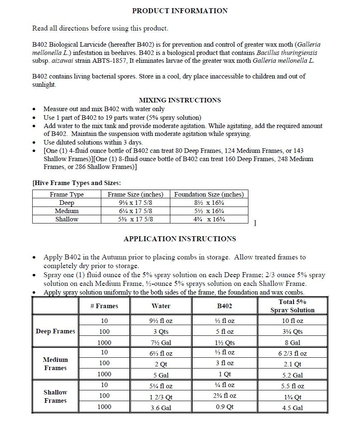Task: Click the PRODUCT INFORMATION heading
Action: (x=180, y=11)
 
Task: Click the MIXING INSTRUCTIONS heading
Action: (x=180, y=100)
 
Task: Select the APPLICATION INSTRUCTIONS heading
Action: (x=180, y=239)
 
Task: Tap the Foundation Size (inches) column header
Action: (x=209, y=194)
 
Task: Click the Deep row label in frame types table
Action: (x=67, y=202)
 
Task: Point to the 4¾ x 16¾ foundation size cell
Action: (x=209, y=219)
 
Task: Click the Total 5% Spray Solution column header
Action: (x=292, y=306)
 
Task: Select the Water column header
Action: (x=161, y=306)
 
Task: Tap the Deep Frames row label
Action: (x=55, y=331)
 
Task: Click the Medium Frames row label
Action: (x=55, y=364)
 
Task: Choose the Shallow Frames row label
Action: (x=55, y=396)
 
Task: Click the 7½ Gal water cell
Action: (x=161, y=343)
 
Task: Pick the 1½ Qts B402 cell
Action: (x=225, y=343)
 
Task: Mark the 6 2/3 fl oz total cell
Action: (x=292, y=354)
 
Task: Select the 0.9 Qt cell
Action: (x=225, y=407)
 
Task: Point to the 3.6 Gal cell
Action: (x=161, y=408)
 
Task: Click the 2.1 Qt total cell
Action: (x=292, y=364)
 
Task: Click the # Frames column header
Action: (x=104, y=306)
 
